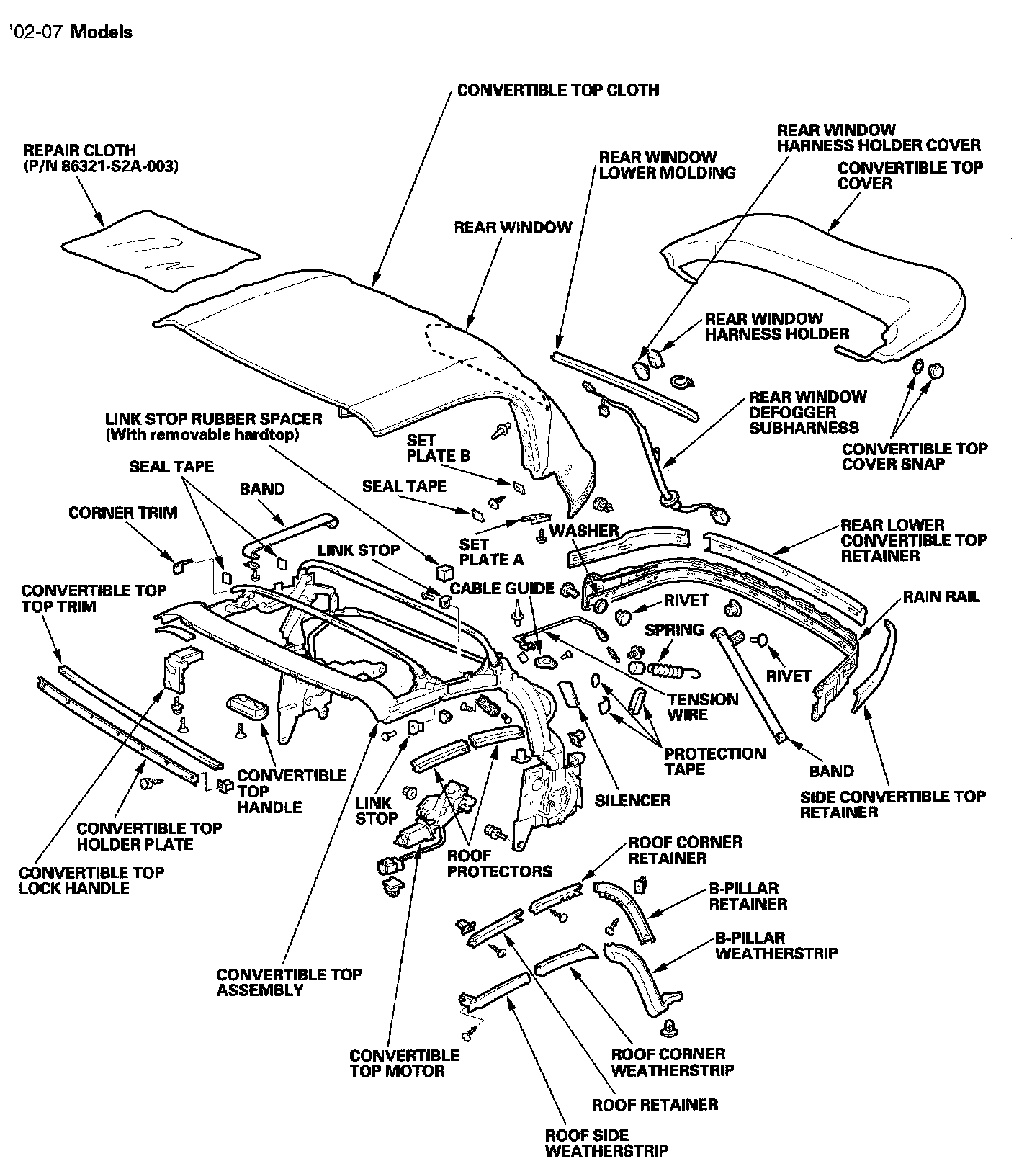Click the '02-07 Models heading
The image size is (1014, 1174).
70,32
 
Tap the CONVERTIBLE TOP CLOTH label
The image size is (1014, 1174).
558,90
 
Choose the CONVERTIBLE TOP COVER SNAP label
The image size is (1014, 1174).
914,456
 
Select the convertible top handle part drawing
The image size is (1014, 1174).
246,707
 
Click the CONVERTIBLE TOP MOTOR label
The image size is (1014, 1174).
404,1063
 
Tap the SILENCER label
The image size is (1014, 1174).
632,799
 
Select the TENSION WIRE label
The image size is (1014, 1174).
702,707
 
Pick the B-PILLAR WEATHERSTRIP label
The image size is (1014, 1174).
776,946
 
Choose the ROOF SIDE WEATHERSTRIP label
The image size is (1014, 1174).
606,1142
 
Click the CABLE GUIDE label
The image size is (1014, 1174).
502,588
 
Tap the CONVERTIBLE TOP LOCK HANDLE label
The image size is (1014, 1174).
91,880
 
